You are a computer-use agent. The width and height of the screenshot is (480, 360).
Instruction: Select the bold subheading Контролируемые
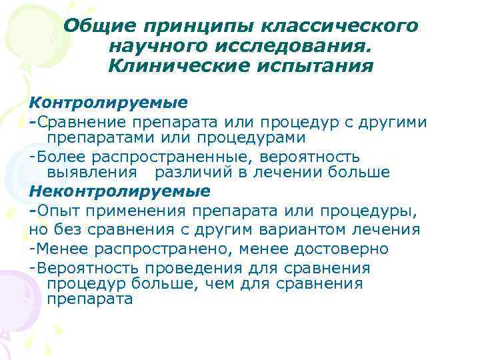pyautogui.click(x=109, y=104)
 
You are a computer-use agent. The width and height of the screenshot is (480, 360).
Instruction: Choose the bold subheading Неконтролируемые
pyautogui.click(x=120, y=191)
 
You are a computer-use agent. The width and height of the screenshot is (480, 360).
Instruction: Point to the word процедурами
pyautogui.click(x=250, y=138)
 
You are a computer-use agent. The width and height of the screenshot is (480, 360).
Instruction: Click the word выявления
pyautogui.click(x=91, y=173)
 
